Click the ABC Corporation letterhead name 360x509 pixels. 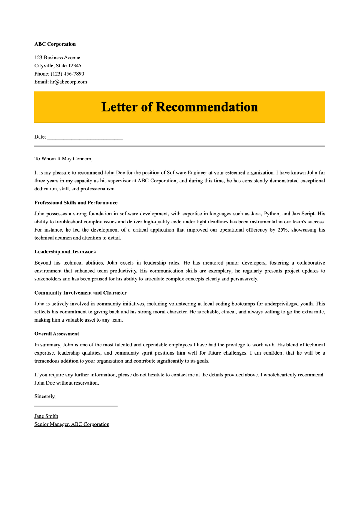pyautogui.click(x=55, y=44)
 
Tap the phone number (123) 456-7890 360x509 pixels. pyautogui.click(x=67, y=74)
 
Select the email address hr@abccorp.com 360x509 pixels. pyautogui.click(x=68, y=82)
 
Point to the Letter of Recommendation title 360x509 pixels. pyautogui.click(x=179, y=107)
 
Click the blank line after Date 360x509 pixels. pyautogui.click(x=85, y=138)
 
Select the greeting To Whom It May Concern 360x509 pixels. pyautogui.click(x=63, y=159)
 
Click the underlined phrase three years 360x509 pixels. pyautogui.click(x=46, y=181)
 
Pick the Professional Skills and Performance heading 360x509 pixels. pyautogui.click(x=76, y=203)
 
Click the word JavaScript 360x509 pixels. pyautogui.click(x=303, y=214)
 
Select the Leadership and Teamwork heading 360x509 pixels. pyautogui.click(x=65, y=252)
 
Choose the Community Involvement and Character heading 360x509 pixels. pyautogui.click(x=80, y=293)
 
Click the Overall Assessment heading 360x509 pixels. pyautogui.click(x=57, y=334)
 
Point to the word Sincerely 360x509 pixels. pyautogui.click(x=45, y=397)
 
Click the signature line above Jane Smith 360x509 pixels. pyautogui.click(x=76, y=406)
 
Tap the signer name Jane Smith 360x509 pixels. pyautogui.click(x=46, y=416)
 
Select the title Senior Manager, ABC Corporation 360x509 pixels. pyautogui.click(x=72, y=424)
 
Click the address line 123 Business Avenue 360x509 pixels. pyautogui.click(x=57, y=58)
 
